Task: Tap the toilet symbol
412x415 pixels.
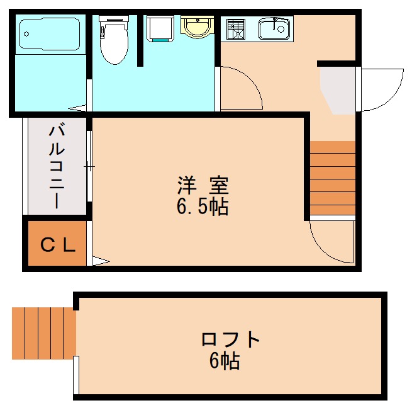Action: [113, 41]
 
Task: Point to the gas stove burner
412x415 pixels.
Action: [235, 30]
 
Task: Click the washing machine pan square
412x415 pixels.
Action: [159, 28]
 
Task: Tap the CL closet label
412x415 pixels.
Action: [58, 245]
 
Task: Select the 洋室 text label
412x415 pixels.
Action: [202, 186]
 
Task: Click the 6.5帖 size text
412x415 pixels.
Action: [202, 206]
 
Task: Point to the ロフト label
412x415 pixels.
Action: [230, 340]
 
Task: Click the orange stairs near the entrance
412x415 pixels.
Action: [332, 178]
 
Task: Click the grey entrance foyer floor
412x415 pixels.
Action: [338, 88]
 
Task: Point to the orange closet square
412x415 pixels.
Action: [57, 244]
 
